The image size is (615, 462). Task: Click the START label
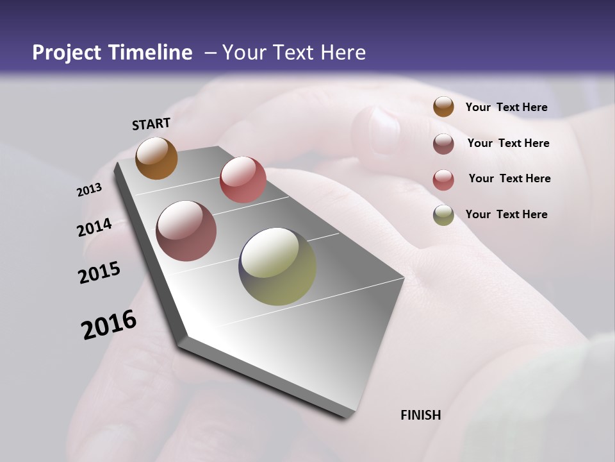click(x=151, y=124)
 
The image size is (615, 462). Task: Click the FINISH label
click(x=420, y=415)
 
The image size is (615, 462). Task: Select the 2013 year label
click(x=89, y=190)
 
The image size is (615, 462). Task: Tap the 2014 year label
click(x=94, y=228)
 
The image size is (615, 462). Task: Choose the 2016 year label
click(x=109, y=325)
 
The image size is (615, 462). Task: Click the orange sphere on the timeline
click(x=156, y=158)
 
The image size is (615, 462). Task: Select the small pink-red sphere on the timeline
click(x=243, y=180)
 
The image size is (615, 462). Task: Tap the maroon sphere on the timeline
click(x=186, y=231)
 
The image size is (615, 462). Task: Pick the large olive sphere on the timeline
click(x=277, y=266)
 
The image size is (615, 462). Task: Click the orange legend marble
click(x=443, y=107)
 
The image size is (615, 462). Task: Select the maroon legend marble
click(x=443, y=144)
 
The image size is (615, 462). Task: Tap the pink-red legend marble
click(x=443, y=180)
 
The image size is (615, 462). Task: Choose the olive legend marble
click(x=443, y=215)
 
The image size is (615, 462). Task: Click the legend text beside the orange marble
click(x=506, y=108)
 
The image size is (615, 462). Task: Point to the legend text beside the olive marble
click(x=506, y=214)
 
